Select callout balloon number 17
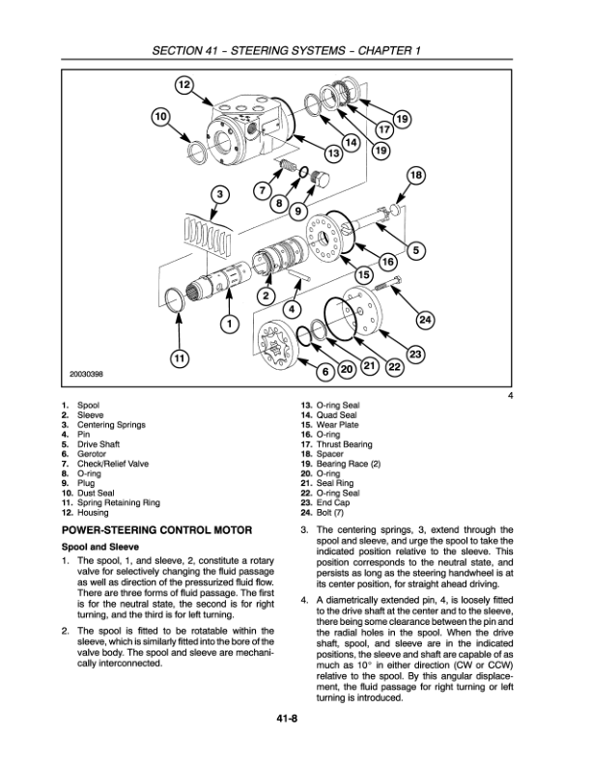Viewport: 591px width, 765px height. (x=383, y=129)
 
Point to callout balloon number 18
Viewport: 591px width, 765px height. (x=416, y=176)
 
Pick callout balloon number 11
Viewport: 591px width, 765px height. (x=179, y=357)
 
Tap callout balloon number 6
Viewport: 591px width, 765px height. (x=325, y=371)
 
